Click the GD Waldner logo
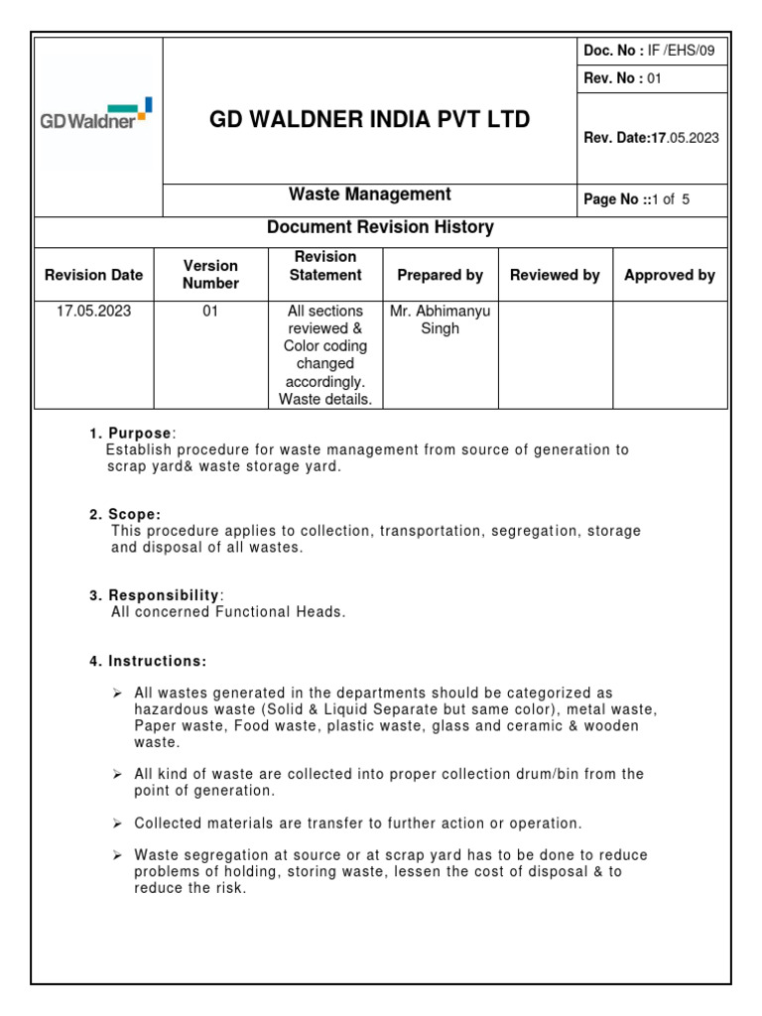96,115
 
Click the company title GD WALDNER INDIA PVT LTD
369,120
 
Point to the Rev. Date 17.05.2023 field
651,138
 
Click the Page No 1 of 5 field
636,199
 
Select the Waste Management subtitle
369,195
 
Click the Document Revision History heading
380,228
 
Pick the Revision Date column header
94,275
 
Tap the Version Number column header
210,275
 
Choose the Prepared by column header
440,275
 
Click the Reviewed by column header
555,275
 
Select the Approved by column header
669,275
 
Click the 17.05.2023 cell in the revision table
93,311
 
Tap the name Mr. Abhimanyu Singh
440,319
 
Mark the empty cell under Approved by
670,354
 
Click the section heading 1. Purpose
131,434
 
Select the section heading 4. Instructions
148,661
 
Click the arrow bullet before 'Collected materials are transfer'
117,824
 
